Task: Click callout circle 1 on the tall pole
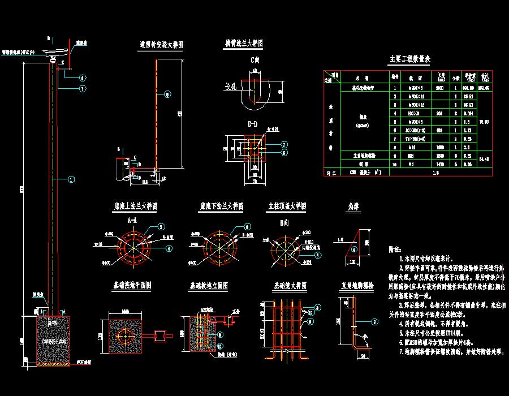pos(71,179)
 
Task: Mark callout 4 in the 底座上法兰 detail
pos(169,247)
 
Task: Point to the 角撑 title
pos(352,206)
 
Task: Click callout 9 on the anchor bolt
pos(373,323)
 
